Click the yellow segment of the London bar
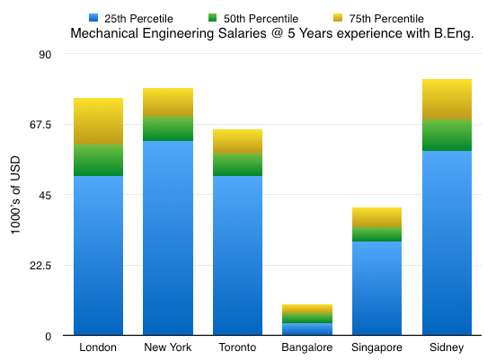tap(98, 121)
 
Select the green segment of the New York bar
tap(168, 128)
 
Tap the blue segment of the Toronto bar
tap(237, 255)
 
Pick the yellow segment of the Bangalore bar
tap(307, 309)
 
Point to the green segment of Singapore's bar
tap(376, 234)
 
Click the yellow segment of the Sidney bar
tap(447, 99)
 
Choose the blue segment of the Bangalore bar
tap(307, 329)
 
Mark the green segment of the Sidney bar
tap(447, 135)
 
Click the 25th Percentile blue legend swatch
tap(93, 18)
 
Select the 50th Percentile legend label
tap(261, 19)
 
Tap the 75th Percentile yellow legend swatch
tap(338, 18)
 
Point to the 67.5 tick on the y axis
tap(40, 125)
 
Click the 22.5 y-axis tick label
tap(40, 266)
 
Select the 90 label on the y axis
tap(45, 55)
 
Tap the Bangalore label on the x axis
tap(306, 347)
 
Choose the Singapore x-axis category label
tap(376, 347)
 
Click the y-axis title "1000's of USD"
tap(15, 195)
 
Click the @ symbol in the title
tap(277, 33)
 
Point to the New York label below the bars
tap(168, 347)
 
